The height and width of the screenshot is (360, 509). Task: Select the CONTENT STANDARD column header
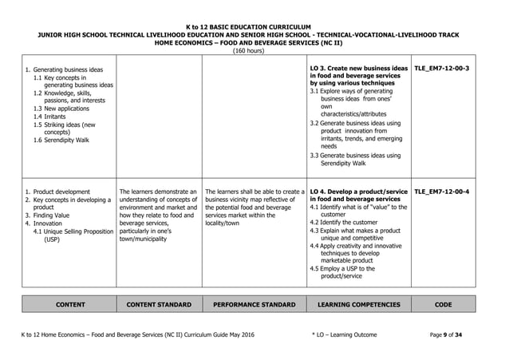(x=156, y=304)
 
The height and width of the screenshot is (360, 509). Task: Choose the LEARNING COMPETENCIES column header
(x=358, y=304)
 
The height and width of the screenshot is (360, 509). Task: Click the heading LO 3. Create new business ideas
(x=357, y=69)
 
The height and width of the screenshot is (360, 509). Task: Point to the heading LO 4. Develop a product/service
(x=357, y=192)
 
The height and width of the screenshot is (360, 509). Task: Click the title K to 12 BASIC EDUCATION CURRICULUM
(x=254, y=26)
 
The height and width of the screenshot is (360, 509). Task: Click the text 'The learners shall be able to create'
(x=254, y=192)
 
